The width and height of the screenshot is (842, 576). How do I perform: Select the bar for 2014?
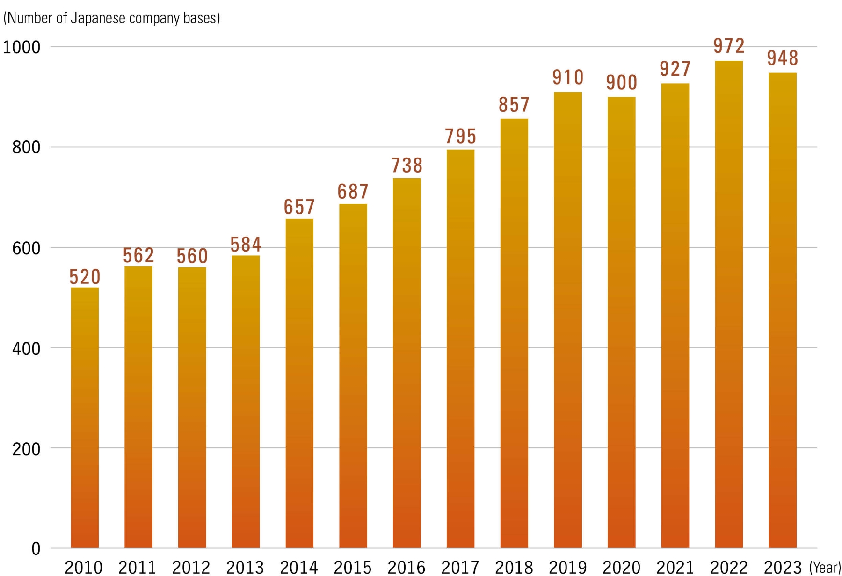(299, 383)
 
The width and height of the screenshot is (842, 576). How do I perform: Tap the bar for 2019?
(568, 320)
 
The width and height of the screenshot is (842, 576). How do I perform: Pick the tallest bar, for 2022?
(729, 304)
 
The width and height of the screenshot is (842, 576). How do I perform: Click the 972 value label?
(729, 46)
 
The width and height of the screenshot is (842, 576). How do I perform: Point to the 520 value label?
(85, 277)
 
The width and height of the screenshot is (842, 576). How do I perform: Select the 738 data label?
(406, 166)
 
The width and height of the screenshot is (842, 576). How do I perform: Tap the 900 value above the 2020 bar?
(621, 83)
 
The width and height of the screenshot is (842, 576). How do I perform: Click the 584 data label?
(246, 245)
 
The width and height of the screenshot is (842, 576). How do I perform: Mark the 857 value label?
(514, 105)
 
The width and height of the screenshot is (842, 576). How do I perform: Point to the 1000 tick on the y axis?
(22, 47)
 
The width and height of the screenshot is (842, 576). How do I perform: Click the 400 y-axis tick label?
(26, 348)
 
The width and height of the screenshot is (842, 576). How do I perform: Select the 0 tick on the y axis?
(36, 549)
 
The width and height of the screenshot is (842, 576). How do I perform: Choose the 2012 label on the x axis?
(191, 568)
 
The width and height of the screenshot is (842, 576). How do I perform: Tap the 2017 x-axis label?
(460, 568)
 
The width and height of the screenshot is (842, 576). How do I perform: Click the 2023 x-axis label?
(783, 568)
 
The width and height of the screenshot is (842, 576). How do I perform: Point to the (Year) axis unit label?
(825, 568)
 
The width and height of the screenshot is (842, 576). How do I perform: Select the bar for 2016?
(406, 363)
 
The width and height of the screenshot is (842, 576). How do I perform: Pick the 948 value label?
(783, 58)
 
